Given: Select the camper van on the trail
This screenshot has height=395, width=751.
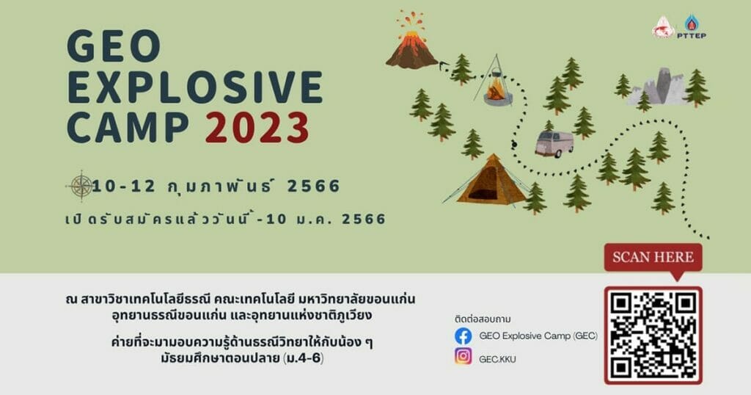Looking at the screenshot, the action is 554,143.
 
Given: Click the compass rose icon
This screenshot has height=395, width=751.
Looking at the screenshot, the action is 81,186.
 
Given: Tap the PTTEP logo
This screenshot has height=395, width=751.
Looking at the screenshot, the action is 691,27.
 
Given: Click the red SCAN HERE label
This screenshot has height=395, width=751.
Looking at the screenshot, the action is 653,258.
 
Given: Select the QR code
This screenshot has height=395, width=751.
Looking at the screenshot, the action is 653,335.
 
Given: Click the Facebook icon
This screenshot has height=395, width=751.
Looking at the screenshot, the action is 464,336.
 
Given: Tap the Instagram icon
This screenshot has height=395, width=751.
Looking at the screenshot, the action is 464,357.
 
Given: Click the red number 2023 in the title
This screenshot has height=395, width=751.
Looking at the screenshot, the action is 257,128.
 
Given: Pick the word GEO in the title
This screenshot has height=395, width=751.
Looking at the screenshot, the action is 114,46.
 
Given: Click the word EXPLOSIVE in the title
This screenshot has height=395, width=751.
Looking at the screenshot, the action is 195,87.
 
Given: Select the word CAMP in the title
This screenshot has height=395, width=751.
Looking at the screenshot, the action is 128,128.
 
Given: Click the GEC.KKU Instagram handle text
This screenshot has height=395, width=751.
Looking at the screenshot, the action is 498,359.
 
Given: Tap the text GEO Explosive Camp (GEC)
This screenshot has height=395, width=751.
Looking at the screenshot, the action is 538,336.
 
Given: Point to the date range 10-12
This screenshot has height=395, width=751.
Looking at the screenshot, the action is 124,186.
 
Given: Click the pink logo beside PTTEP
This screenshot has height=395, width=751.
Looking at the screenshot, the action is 663,28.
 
